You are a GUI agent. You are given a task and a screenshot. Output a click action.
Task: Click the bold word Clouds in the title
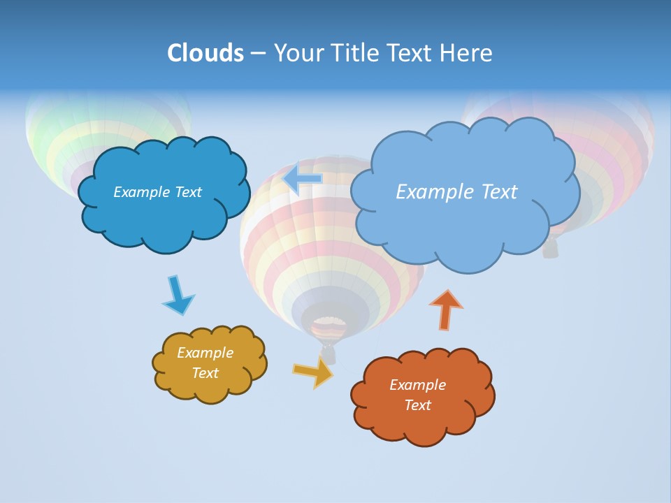point(205,52)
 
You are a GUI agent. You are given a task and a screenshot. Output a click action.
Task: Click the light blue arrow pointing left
point(303,178)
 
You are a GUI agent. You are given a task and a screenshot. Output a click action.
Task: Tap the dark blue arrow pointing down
point(177,295)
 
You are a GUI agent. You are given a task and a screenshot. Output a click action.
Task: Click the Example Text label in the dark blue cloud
point(157,192)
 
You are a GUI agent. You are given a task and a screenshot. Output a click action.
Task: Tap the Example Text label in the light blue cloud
point(456,192)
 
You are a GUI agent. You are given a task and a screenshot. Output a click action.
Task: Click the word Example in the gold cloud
point(205,353)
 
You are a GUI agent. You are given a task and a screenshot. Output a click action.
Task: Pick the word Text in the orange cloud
point(417,405)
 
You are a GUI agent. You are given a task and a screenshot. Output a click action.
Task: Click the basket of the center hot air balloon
point(328,355)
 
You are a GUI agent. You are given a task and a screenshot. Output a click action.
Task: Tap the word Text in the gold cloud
point(205,373)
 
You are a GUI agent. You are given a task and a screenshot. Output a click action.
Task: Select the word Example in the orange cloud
point(417,385)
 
